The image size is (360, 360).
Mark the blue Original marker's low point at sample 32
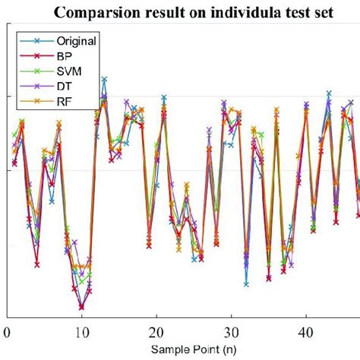pos(246,284)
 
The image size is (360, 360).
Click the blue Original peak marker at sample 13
pos(104,79)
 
